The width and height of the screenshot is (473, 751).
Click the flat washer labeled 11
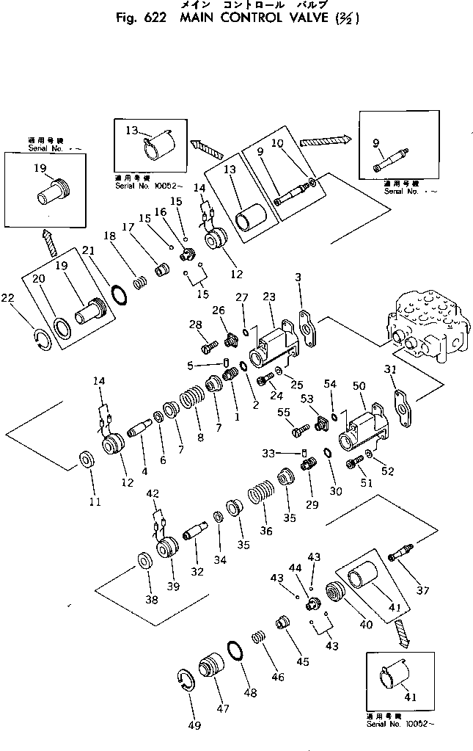point(85,461)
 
